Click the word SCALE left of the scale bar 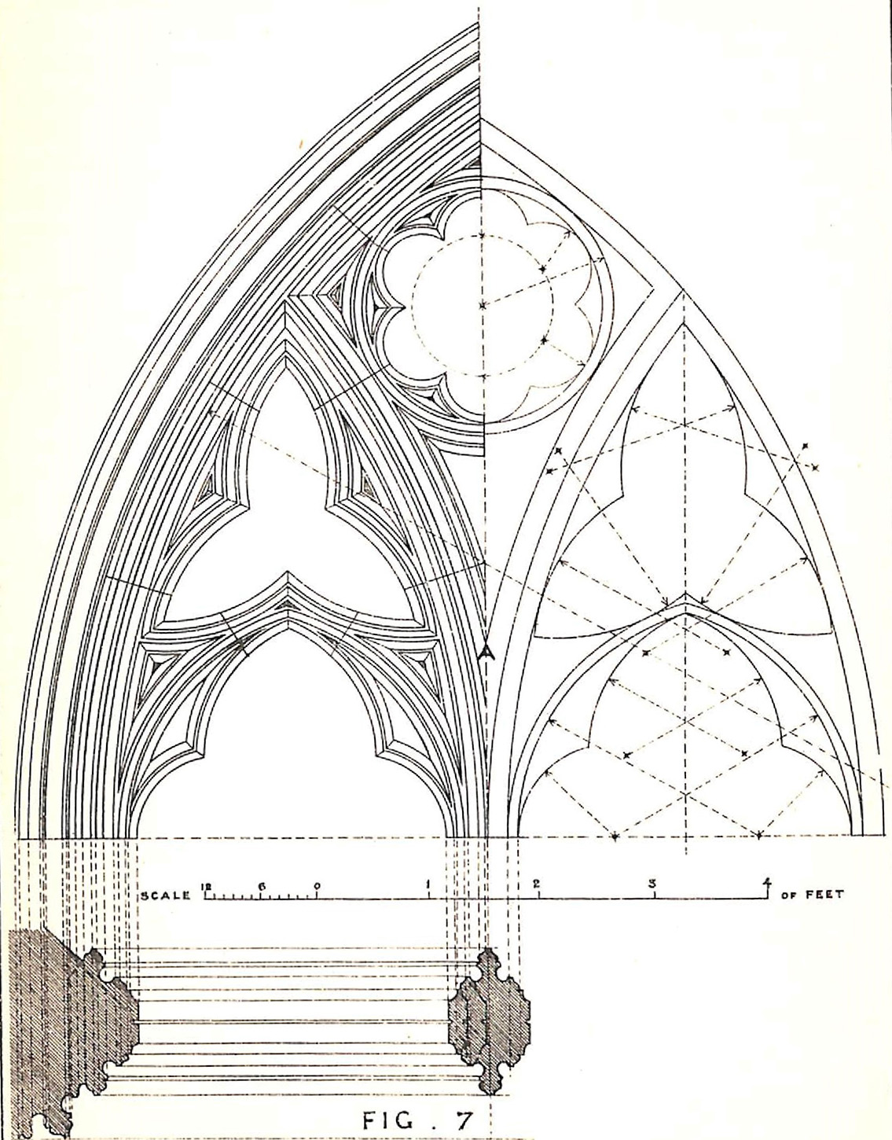(x=165, y=896)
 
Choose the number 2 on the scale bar (x=537, y=884)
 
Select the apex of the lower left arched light (x=288, y=632)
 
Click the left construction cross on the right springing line (x=615, y=835)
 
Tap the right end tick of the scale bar (x=768, y=896)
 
